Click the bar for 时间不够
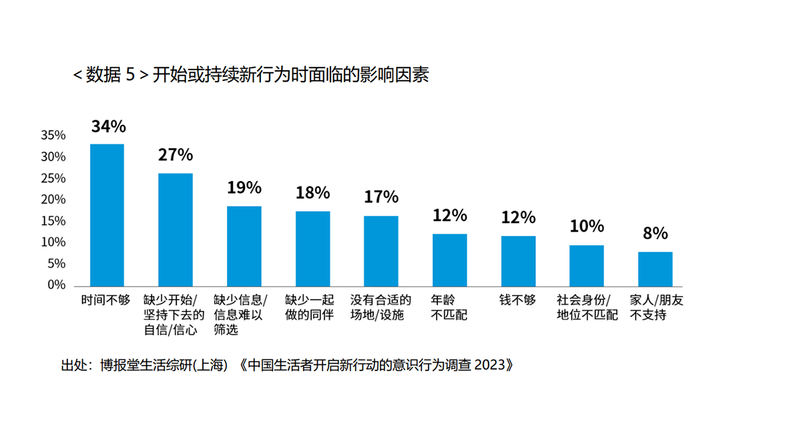(x=107, y=215)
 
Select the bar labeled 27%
(x=176, y=229)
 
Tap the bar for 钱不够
(x=519, y=261)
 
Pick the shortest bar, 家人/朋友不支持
(x=655, y=269)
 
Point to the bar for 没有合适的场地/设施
(x=381, y=251)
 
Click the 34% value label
(x=109, y=126)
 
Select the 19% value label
(x=244, y=188)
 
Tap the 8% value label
(x=655, y=233)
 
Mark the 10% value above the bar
(x=587, y=226)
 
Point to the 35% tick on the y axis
(x=53, y=136)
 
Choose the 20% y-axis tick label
(x=53, y=200)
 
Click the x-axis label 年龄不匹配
(x=450, y=307)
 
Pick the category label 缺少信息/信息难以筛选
(x=240, y=315)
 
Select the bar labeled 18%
(x=313, y=248)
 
